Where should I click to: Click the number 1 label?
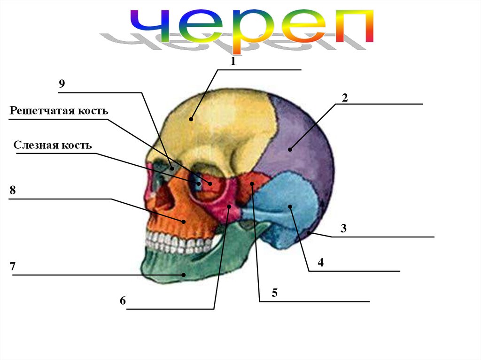coord(232,61)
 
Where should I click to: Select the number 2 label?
coord(344,98)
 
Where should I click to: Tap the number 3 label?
coord(343,229)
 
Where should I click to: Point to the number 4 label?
coord(320,262)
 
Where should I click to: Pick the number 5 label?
coord(274,292)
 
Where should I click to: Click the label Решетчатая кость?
coord(59,111)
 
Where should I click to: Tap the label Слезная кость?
coord(53,145)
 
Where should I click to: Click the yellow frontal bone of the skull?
coord(221,127)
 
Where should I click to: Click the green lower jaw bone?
coord(197,268)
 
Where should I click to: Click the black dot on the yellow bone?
coord(191,119)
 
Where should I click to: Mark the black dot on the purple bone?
coord(290,150)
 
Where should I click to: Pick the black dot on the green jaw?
coord(185,275)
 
